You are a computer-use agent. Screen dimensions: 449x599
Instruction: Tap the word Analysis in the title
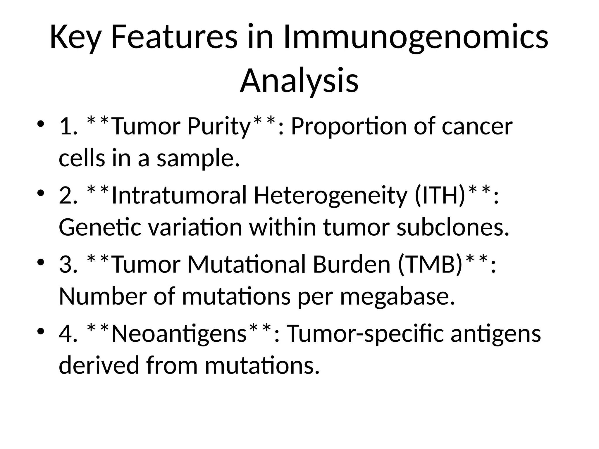[x=299, y=81]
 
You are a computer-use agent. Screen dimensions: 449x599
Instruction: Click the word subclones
[x=453, y=227]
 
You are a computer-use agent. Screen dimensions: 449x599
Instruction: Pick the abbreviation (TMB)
[x=431, y=264]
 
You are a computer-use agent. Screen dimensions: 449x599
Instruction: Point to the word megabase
[x=397, y=296]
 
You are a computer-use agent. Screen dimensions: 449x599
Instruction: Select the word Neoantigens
[x=179, y=334]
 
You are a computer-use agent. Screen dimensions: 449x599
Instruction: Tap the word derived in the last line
[x=99, y=365]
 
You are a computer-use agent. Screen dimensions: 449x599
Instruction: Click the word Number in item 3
[x=102, y=296]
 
